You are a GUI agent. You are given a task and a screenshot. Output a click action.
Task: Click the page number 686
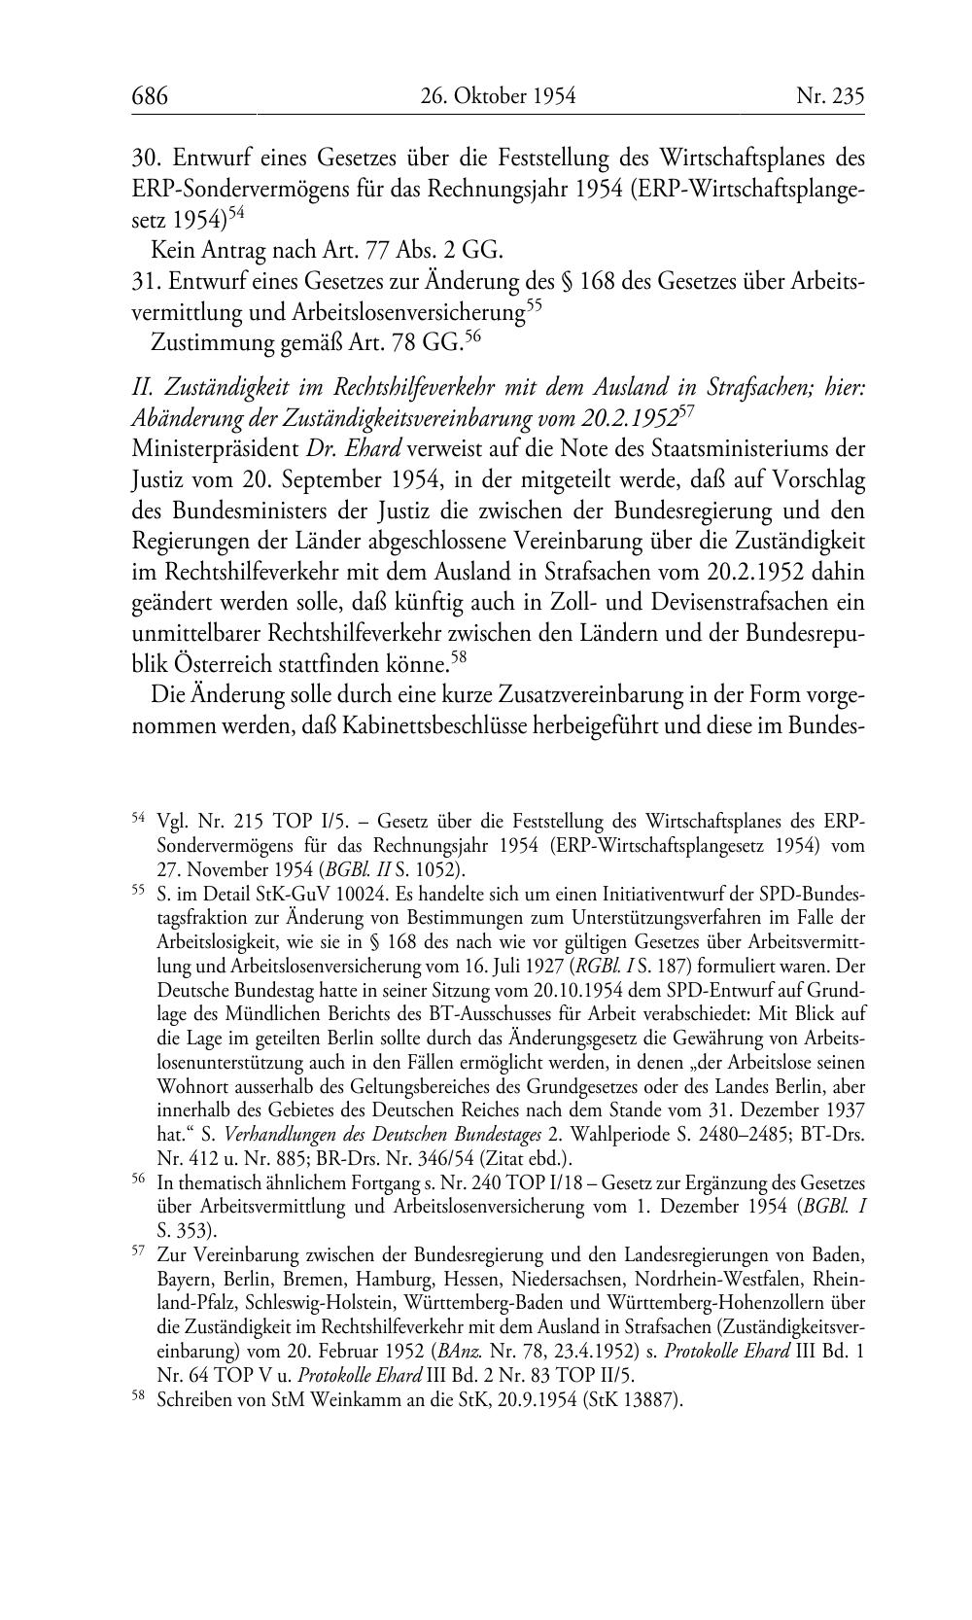[x=150, y=96]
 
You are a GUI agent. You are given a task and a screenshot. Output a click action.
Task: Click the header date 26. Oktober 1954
[x=498, y=96]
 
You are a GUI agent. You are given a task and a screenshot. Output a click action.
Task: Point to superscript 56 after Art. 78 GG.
[x=473, y=335]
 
